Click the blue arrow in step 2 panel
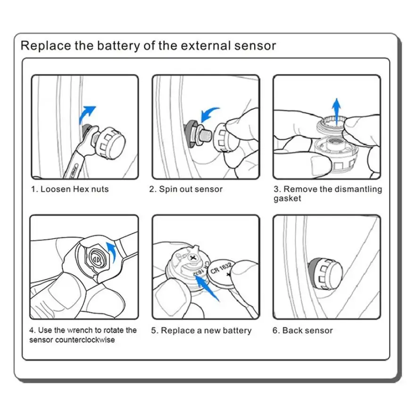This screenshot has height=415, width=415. point(208,115)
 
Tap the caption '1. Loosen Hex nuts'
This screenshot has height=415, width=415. point(70,190)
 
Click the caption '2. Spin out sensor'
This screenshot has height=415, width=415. point(186,190)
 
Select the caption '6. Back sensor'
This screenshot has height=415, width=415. point(302,331)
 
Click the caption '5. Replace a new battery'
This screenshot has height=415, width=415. point(201,331)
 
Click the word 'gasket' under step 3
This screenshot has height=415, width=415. point(287,199)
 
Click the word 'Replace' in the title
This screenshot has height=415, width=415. point(44,46)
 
